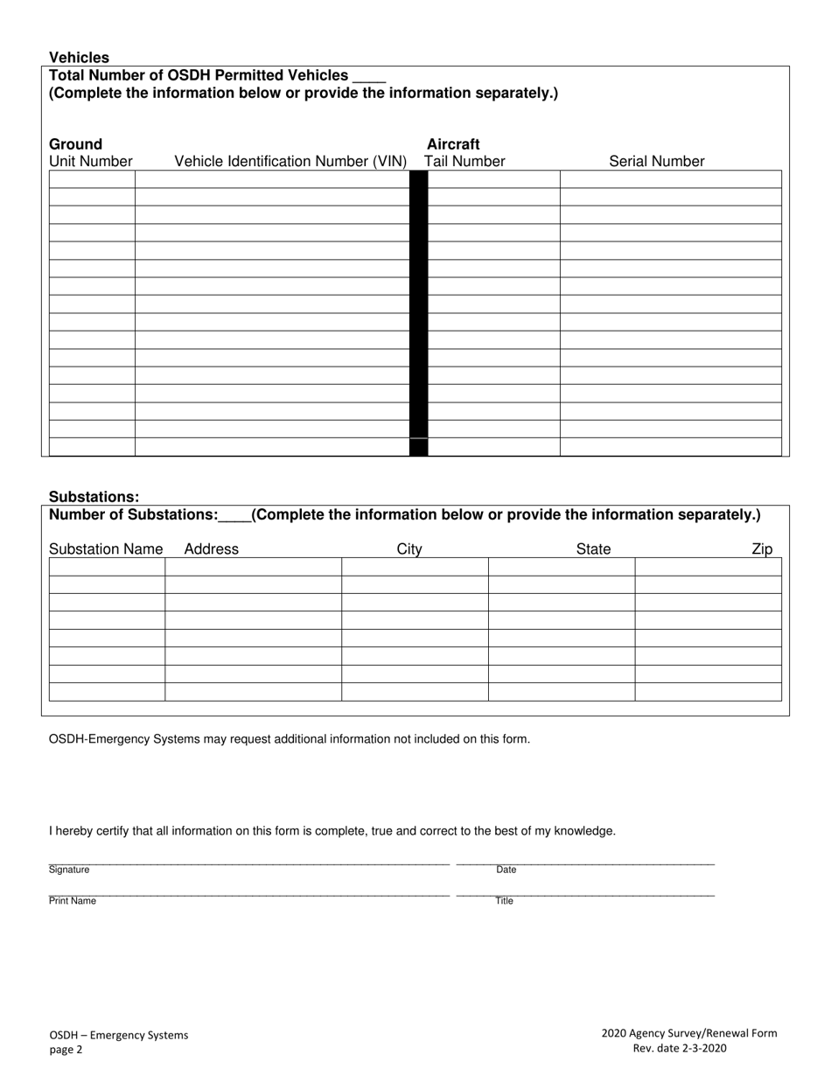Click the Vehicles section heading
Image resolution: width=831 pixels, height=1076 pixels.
79,58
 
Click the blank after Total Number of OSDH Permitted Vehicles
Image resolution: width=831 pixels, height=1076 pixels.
368,76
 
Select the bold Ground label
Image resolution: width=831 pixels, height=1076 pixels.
75,144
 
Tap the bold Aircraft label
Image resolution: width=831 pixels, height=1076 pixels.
453,144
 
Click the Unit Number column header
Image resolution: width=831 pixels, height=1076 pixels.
91,161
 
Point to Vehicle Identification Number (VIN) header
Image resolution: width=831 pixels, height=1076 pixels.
290,161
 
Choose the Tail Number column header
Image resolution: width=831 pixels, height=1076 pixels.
464,161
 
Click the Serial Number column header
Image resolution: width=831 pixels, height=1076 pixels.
656,161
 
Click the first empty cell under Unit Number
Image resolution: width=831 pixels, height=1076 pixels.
92,179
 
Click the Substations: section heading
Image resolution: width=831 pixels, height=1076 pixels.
94,497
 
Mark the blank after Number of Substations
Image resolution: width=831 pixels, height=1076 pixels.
234,515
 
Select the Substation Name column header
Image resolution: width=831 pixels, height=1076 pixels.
106,549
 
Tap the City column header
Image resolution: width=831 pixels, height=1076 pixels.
409,549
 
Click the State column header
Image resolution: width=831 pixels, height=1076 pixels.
593,549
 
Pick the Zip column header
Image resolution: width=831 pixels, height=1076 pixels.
762,549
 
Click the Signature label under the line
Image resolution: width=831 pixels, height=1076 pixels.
69,870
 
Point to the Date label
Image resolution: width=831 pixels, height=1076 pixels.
506,870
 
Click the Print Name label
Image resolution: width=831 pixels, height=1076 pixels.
73,901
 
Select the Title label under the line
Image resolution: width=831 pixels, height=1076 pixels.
505,901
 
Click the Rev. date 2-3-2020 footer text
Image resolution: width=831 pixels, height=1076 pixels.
679,1049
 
